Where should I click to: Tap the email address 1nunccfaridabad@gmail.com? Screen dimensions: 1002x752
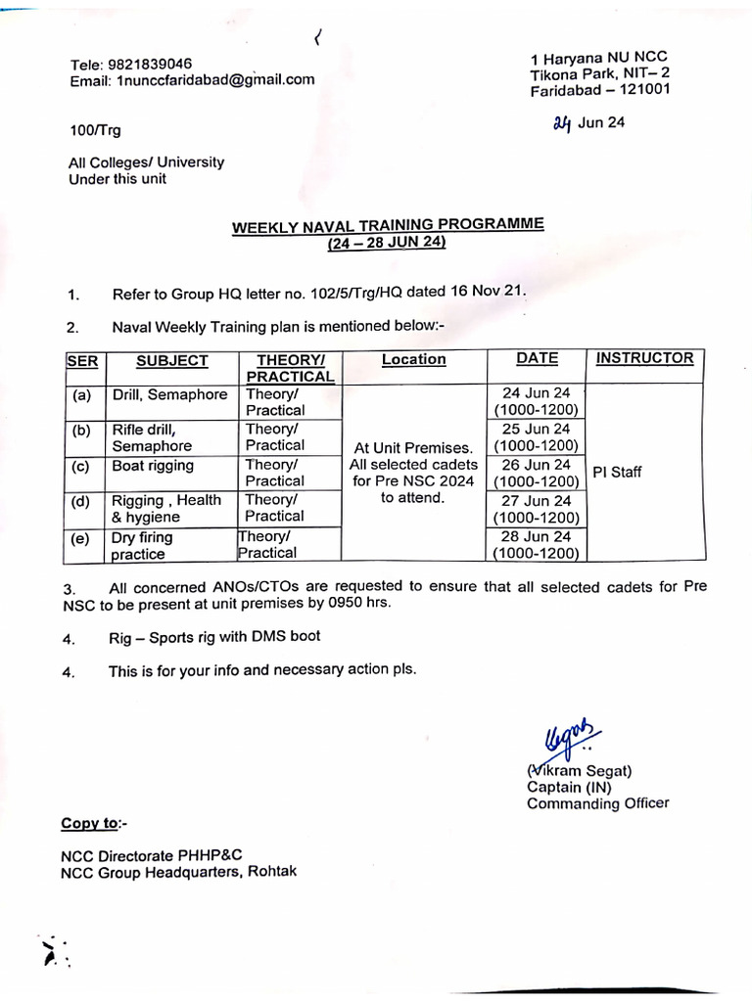point(215,80)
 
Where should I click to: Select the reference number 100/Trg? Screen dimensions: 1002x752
point(95,130)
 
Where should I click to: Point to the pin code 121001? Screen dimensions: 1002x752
point(642,91)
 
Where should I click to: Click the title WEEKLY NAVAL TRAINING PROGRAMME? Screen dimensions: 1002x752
point(387,225)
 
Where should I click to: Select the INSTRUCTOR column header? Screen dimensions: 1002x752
point(644,358)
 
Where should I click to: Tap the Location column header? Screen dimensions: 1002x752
point(413,359)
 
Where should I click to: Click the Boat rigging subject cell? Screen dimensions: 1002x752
point(153,466)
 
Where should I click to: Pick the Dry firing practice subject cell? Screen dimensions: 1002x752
point(142,545)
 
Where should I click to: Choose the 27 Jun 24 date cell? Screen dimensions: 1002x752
point(536,508)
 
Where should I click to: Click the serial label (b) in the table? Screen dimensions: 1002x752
point(80,430)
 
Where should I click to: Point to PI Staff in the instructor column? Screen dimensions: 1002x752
point(617,473)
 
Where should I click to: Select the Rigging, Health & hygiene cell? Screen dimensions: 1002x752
point(166,508)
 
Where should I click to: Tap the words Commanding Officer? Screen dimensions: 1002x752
point(597,803)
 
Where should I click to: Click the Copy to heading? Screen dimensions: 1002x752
point(94,824)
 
